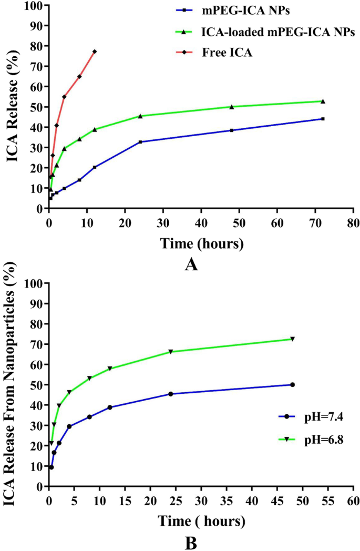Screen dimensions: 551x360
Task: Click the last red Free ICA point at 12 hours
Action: (x=95, y=52)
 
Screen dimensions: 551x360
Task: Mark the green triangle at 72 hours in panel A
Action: (x=323, y=101)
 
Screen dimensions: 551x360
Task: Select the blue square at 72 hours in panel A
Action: (x=323, y=119)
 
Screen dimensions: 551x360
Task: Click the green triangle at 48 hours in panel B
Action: (x=292, y=339)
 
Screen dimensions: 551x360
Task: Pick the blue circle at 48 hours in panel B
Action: (x=292, y=385)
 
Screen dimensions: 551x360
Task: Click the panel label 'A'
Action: (x=191, y=264)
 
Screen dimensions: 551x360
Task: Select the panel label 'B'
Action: (x=191, y=542)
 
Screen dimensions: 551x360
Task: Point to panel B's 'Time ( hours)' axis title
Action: (x=201, y=522)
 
